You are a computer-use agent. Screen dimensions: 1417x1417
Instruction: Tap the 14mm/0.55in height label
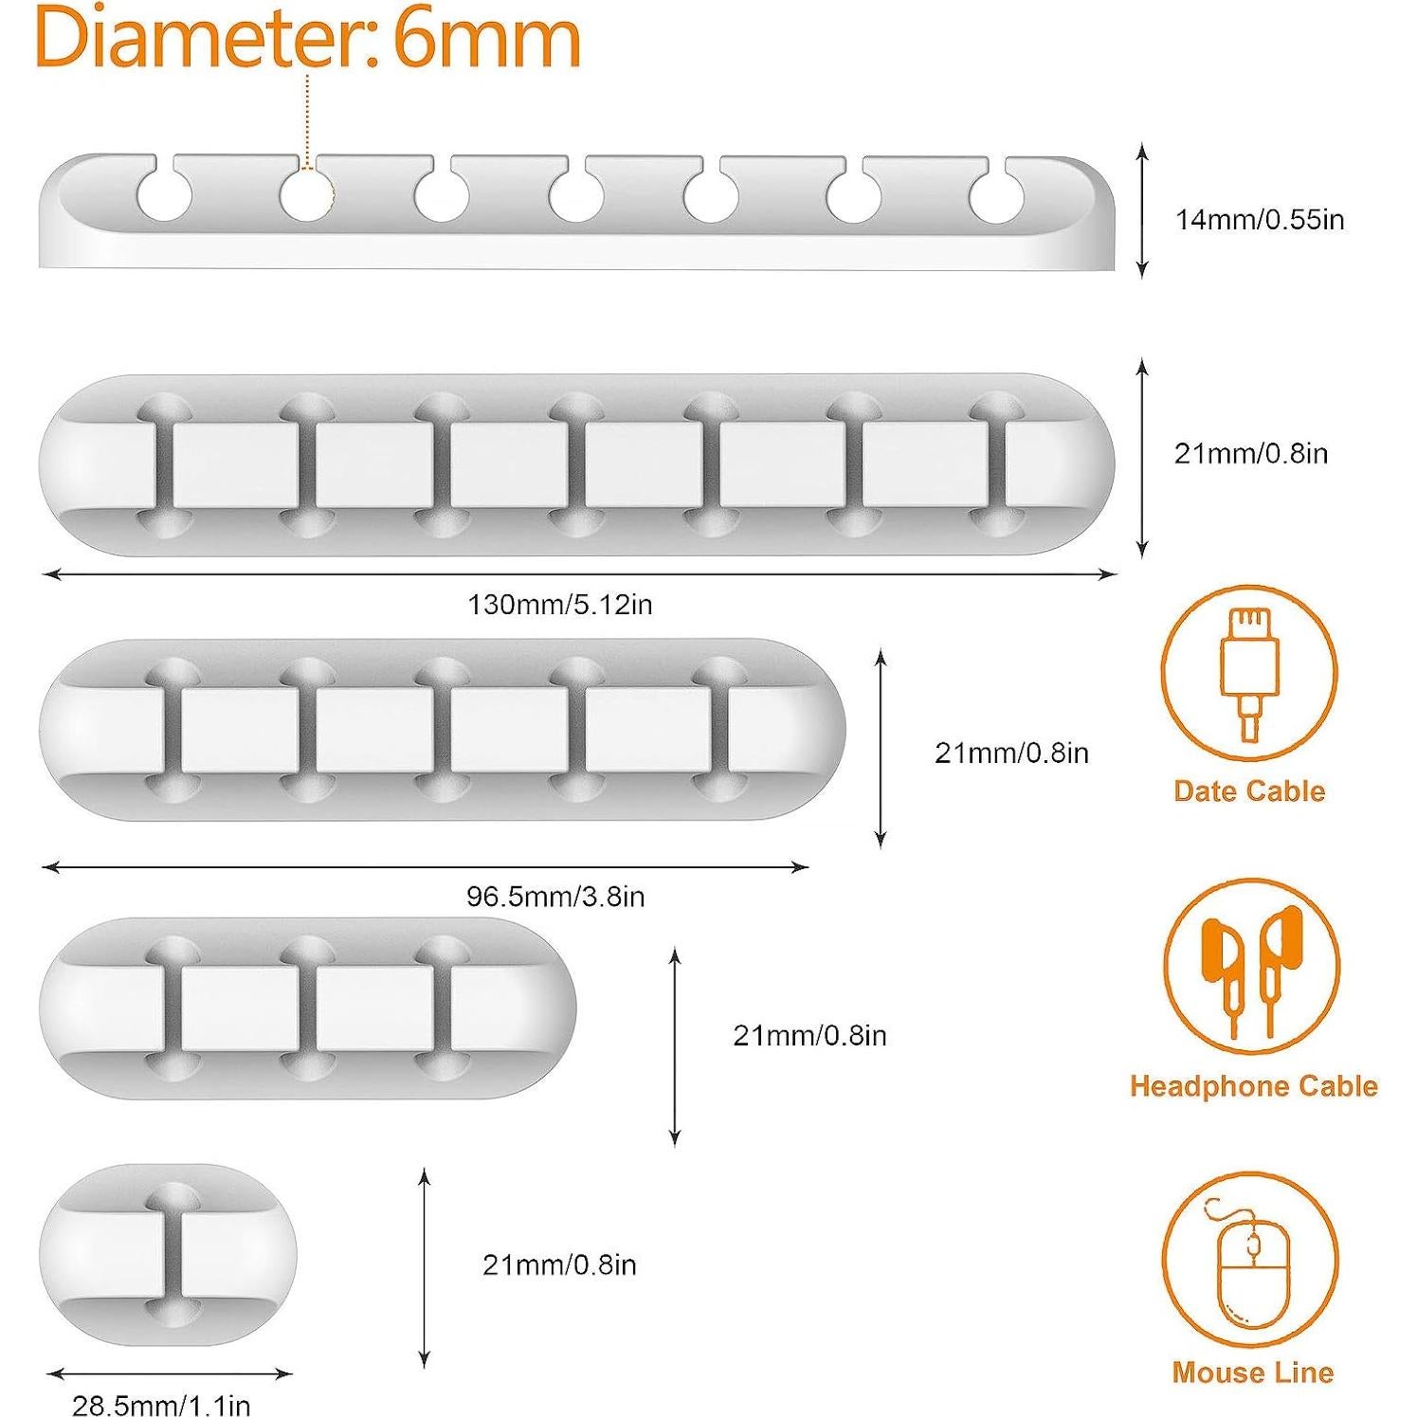1259,220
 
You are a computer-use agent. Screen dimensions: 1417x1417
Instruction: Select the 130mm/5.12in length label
559,605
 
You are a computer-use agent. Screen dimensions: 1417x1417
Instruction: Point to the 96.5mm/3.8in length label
555,897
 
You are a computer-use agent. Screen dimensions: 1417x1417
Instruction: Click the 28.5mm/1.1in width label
161,1405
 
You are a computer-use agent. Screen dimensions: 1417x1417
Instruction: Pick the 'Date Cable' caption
1248,791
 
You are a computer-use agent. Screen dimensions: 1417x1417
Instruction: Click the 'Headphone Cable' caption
1253,1086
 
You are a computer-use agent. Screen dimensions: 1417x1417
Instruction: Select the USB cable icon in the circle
1248,674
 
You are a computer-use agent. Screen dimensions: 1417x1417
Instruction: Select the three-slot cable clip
307,1009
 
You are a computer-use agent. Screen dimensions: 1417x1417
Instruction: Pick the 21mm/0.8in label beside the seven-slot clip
1250,454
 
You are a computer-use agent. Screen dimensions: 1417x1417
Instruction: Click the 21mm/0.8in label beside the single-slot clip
559,1265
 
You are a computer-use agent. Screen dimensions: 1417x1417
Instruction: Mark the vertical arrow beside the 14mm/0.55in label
1142,210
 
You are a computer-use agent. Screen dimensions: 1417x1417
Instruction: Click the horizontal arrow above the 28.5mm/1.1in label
169,1372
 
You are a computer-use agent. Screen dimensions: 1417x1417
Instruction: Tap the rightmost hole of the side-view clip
995,196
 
